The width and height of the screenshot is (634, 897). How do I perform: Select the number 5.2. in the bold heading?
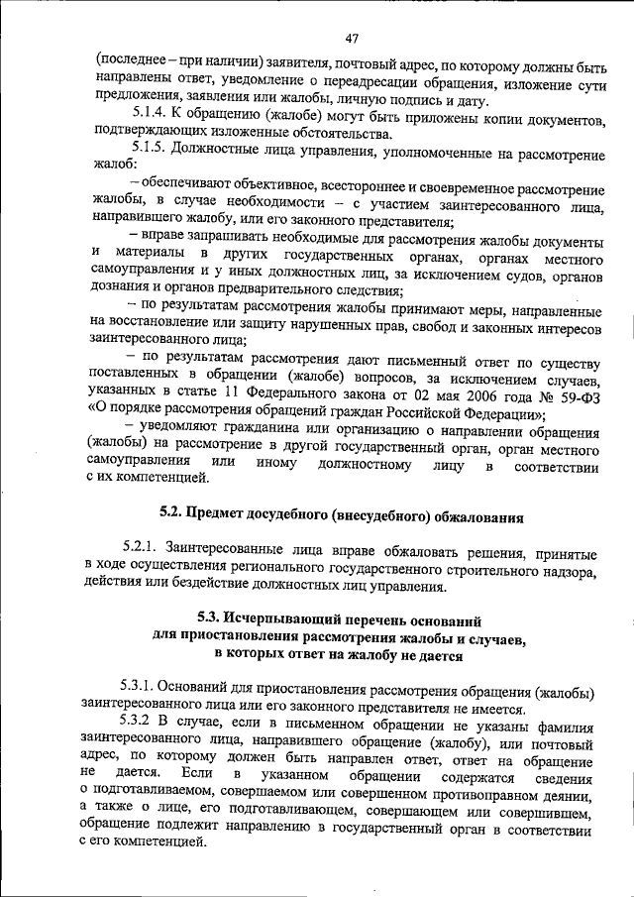pyautogui.click(x=175, y=515)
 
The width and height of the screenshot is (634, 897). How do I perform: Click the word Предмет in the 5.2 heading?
pyautogui.click(x=230, y=515)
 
